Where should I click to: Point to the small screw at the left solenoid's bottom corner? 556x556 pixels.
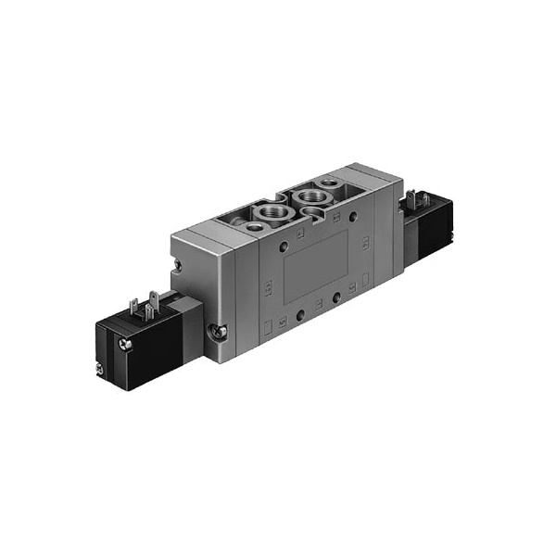(99, 370)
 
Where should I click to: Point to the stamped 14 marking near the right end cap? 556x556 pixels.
(366, 243)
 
